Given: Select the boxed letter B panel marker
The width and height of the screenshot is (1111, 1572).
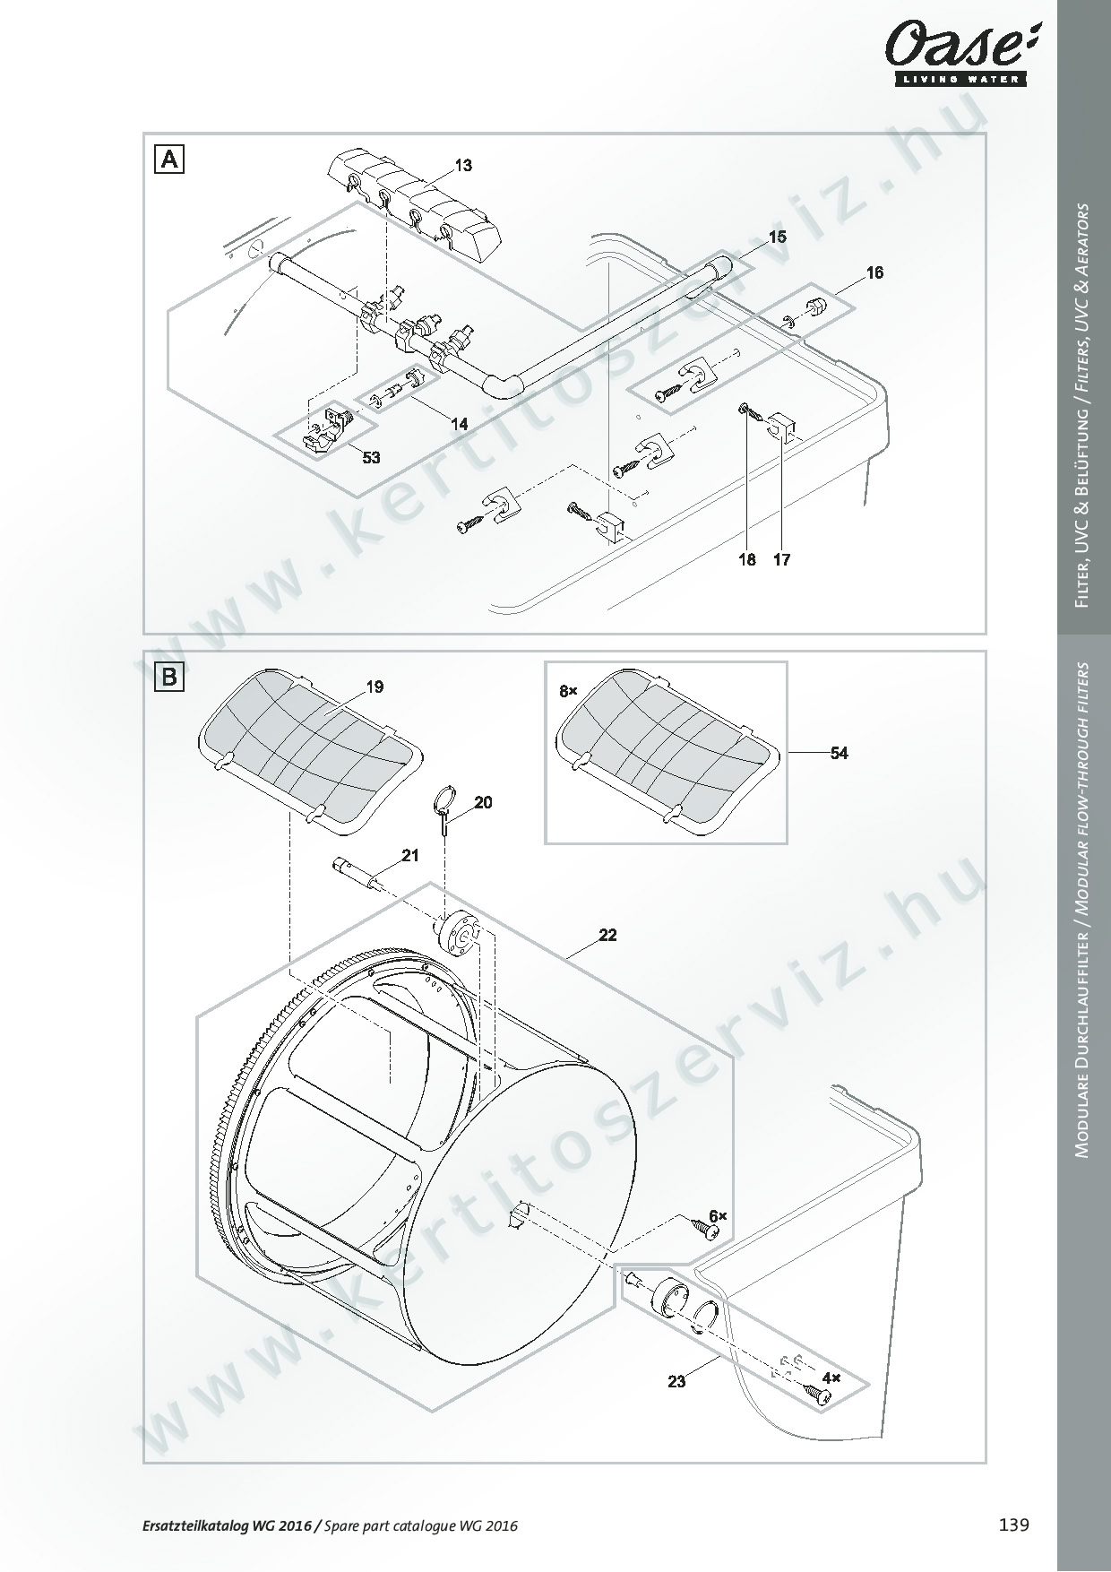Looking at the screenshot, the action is (169, 678).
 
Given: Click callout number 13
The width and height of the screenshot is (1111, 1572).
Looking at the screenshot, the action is (463, 166).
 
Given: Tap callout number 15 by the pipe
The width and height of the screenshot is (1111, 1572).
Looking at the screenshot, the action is (777, 237).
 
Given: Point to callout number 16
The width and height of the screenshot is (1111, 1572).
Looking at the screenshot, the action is (874, 272).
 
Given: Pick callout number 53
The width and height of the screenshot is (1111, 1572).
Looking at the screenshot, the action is (371, 458).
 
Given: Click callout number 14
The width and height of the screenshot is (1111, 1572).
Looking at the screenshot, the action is (459, 424).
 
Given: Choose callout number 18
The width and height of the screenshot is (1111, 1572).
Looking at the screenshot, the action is (747, 559).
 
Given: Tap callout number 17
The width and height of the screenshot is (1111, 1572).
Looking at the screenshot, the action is (781, 559).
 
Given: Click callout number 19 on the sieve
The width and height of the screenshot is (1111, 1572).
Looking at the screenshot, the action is (375, 687).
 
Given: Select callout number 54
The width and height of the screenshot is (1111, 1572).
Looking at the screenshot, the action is (839, 753).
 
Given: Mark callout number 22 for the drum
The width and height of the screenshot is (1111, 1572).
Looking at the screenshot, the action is (607, 935).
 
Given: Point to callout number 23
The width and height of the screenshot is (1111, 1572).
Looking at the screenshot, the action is (676, 1381).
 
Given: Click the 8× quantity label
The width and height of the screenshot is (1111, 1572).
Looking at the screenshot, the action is (569, 691).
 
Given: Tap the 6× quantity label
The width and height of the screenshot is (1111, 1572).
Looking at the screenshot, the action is (718, 1215).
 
